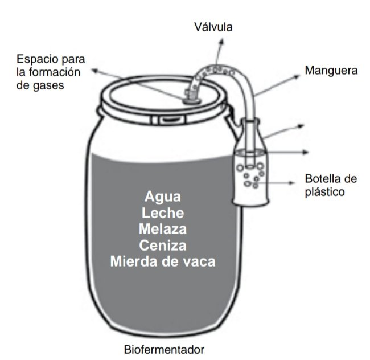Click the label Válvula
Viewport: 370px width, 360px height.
pos(213,26)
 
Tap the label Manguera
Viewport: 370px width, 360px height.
pos(331,71)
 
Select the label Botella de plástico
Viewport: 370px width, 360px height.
pos(331,185)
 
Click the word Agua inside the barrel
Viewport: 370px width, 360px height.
pos(163,197)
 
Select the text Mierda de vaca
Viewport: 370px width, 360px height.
pos(163,262)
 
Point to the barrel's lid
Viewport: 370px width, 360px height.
pos(165,94)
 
